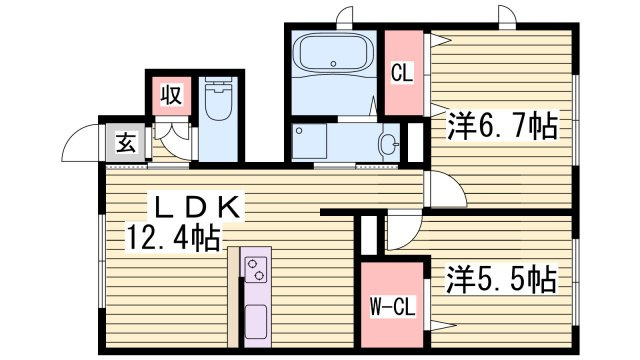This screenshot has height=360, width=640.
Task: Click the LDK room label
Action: point(194,207)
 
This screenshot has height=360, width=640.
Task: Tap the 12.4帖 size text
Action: point(173,238)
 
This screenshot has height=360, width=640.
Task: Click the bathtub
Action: point(333,54)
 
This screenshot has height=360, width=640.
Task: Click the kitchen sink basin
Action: point(256,325)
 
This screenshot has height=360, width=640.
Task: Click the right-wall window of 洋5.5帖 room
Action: point(576,290)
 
